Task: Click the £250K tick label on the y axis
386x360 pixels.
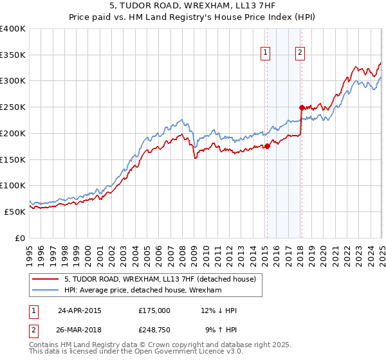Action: coord(13,107)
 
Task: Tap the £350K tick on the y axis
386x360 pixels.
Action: coord(13,55)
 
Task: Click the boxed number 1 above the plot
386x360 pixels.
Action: coord(266,54)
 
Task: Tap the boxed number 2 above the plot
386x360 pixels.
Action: coord(300,54)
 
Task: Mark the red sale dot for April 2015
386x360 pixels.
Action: coord(267,146)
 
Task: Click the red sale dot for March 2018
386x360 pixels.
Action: coord(301,107)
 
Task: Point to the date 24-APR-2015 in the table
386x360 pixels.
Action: coord(80,310)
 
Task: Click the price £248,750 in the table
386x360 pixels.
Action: coord(154,330)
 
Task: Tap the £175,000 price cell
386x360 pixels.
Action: coord(154,310)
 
